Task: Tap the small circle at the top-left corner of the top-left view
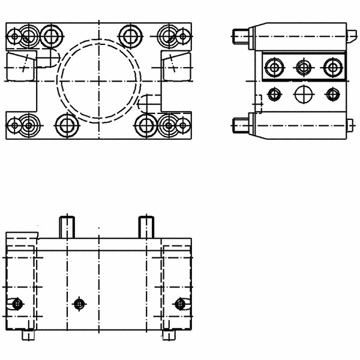13,37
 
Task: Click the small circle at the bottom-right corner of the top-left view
182,125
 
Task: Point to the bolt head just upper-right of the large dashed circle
129,36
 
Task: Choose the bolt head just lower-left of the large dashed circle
66,125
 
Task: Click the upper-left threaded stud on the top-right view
240,36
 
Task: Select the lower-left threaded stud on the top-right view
240,126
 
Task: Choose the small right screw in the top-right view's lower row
332,94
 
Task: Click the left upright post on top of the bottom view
67,226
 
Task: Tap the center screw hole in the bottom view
79,304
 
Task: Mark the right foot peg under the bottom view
169,335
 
